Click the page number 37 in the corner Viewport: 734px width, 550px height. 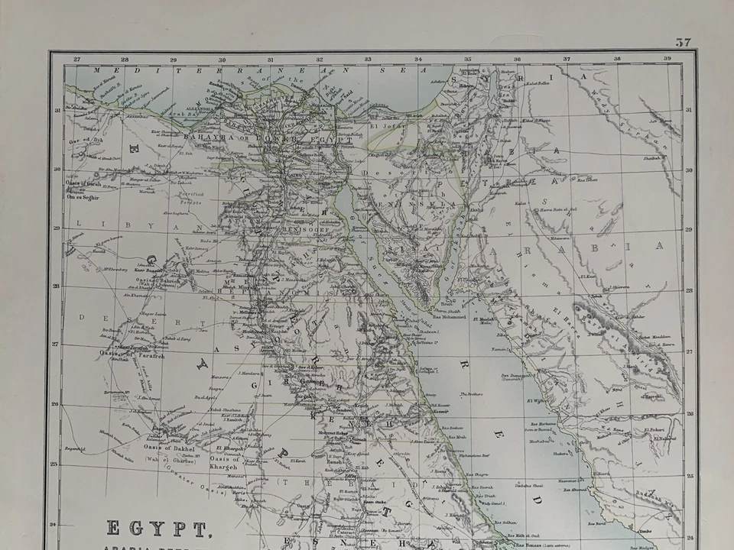click(x=683, y=42)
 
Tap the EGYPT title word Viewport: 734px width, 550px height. click(x=159, y=529)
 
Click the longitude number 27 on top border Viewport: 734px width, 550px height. click(x=76, y=59)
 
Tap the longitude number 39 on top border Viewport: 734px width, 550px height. click(x=667, y=59)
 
